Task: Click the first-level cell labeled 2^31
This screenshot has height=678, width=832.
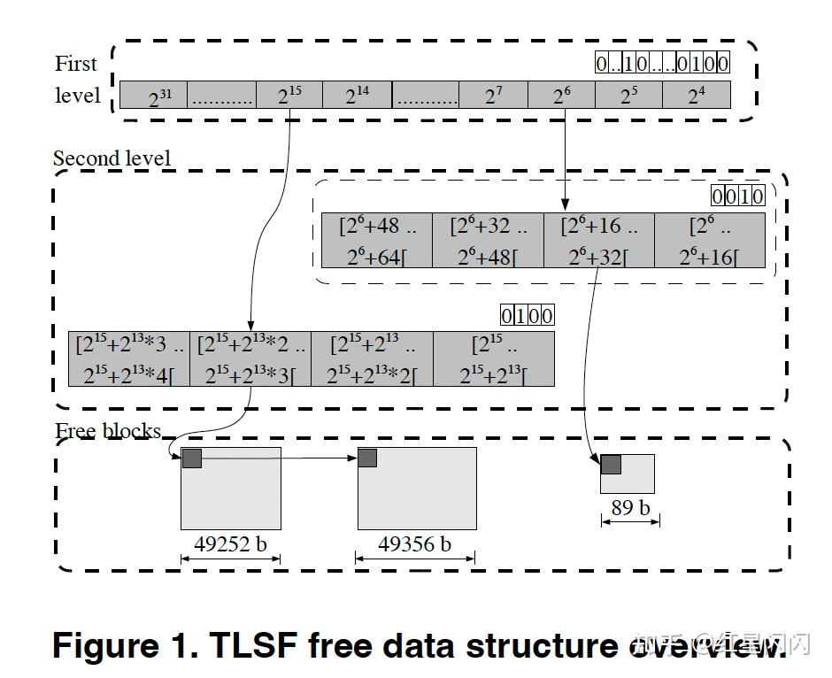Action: pos(153,95)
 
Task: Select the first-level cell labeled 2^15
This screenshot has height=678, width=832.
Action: pos(289,95)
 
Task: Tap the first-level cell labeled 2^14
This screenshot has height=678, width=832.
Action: pos(357,95)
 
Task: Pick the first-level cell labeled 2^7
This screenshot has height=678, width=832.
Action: pos(493,95)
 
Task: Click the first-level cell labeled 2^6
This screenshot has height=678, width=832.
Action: pos(561,95)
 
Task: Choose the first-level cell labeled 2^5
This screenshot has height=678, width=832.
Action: pos(628,95)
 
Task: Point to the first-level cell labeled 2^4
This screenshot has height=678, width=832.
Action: pos(697,95)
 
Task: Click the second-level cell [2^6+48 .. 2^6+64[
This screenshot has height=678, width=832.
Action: pos(376,240)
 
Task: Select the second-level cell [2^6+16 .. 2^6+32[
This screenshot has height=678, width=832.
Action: pos(598,240)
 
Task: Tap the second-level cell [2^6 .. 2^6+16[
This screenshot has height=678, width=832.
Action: pos(710,240)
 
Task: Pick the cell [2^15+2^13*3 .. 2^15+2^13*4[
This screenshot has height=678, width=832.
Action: pos(129,358)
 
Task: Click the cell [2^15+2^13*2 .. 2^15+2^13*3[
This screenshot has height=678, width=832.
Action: pos(250,358)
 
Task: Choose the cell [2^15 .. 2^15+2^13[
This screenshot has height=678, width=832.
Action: pos(494,358)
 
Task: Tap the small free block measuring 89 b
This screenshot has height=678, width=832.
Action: pos(633,478)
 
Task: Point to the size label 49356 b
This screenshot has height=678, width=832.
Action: pos(414,544)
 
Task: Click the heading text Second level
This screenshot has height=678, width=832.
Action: pos(112,158)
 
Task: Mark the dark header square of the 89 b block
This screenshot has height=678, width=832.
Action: pos(611,464)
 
